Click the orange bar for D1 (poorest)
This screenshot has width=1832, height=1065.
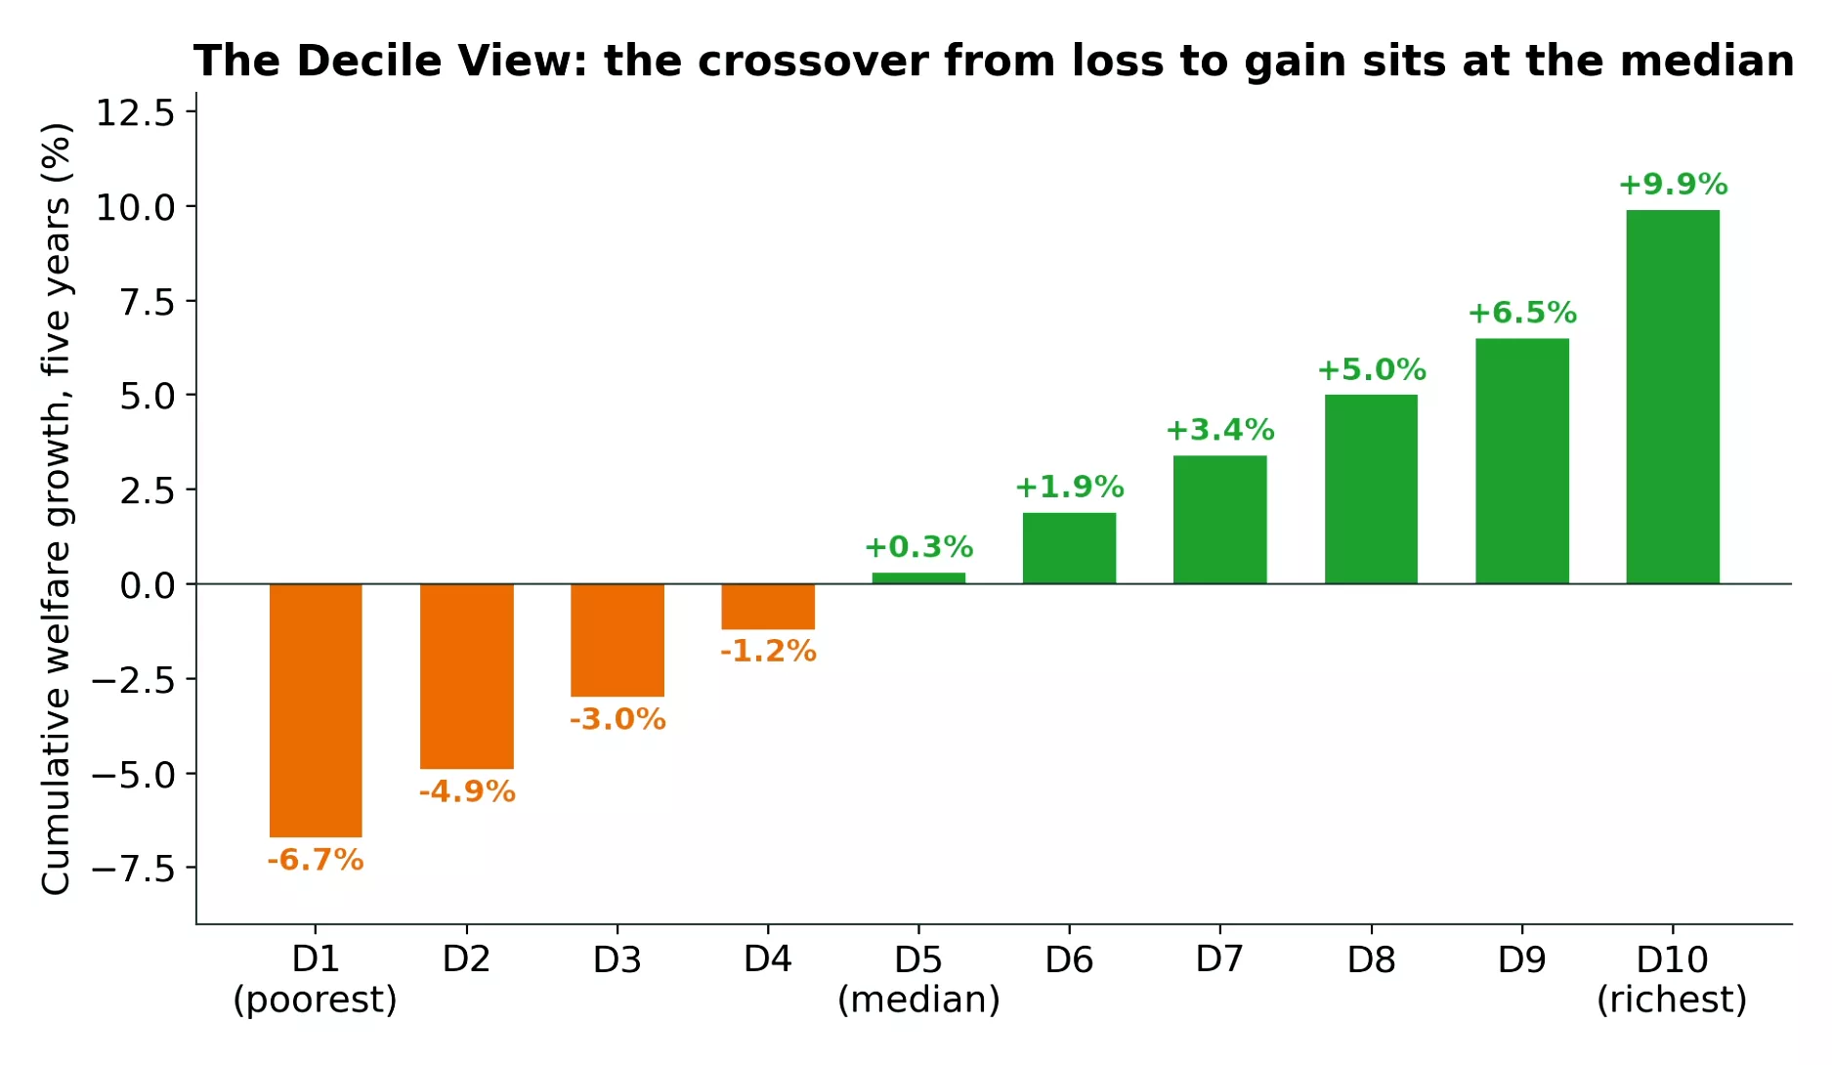click(x=316, y=710)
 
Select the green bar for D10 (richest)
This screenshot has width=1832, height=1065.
click(x=1673, y=397)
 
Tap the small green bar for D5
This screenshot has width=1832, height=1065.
click(x=918, y=578)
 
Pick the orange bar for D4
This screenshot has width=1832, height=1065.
click(x=768, y=607)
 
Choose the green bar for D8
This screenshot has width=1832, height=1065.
click(x=1371, y=490)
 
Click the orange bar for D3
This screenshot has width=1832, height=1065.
click(x=618, y=640)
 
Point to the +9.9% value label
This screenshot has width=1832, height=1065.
click(x=1673, y=184)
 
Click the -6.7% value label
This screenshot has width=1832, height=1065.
click(x=316, y=860)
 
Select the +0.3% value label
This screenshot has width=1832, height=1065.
click(x=918, y=546)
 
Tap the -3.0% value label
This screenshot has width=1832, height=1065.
click(x=618, y=719)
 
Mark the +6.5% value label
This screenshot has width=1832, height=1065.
click(x=1522, y=313)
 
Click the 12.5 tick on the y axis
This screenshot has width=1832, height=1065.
click(x=135, y=112)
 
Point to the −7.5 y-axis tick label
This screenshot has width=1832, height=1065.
click(x=133, y=868)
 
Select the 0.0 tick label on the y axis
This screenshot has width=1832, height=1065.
click(x=148, y=585)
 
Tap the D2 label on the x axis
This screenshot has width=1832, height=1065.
click(x=466, y=959)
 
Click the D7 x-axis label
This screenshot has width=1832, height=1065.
click(x=1219, y=959)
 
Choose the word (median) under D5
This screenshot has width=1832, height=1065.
click(x=918, y=1000)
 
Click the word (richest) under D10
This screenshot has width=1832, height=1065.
click(x=1672, y=1000)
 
